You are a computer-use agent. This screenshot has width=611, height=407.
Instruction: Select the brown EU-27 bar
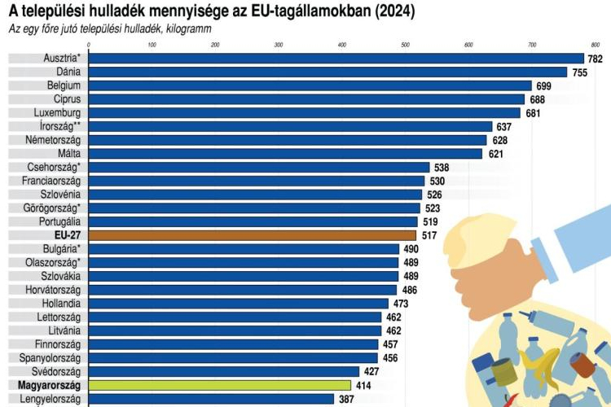coord(252,234)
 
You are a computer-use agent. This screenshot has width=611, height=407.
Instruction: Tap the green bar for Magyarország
coord(219,385)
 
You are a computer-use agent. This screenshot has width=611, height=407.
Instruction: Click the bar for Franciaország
coord(256,181)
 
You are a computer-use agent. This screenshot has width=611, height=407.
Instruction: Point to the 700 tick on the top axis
coord(532,44)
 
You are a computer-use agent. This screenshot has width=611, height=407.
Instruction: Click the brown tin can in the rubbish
coord(503,370)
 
